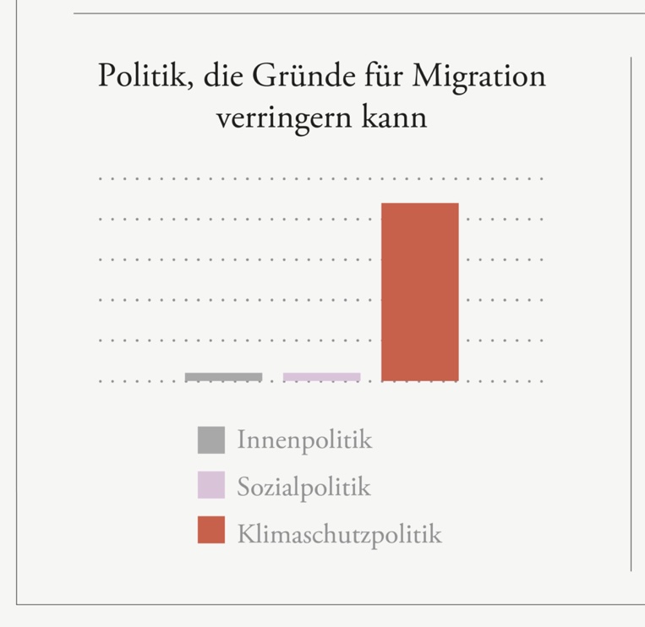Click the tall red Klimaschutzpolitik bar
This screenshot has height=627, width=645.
(420, 292)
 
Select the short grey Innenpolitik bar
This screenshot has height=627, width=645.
(223, 377)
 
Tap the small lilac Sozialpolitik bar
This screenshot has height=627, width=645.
(321, 377)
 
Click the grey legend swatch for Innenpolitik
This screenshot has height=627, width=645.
(211, 440)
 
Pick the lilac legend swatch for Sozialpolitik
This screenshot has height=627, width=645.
(211, 486)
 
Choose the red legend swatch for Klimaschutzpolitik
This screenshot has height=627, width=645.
(211, 531)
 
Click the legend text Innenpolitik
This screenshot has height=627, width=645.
(304, 440)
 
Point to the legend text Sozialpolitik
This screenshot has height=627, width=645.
(303, 487)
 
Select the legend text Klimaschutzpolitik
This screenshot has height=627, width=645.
(339, 533)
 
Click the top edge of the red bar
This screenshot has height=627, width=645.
(420, 204)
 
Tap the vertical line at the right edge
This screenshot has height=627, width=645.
(631, 313)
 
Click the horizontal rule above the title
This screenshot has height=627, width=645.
(355, 14)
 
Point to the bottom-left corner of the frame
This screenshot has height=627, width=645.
(17, 603)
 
